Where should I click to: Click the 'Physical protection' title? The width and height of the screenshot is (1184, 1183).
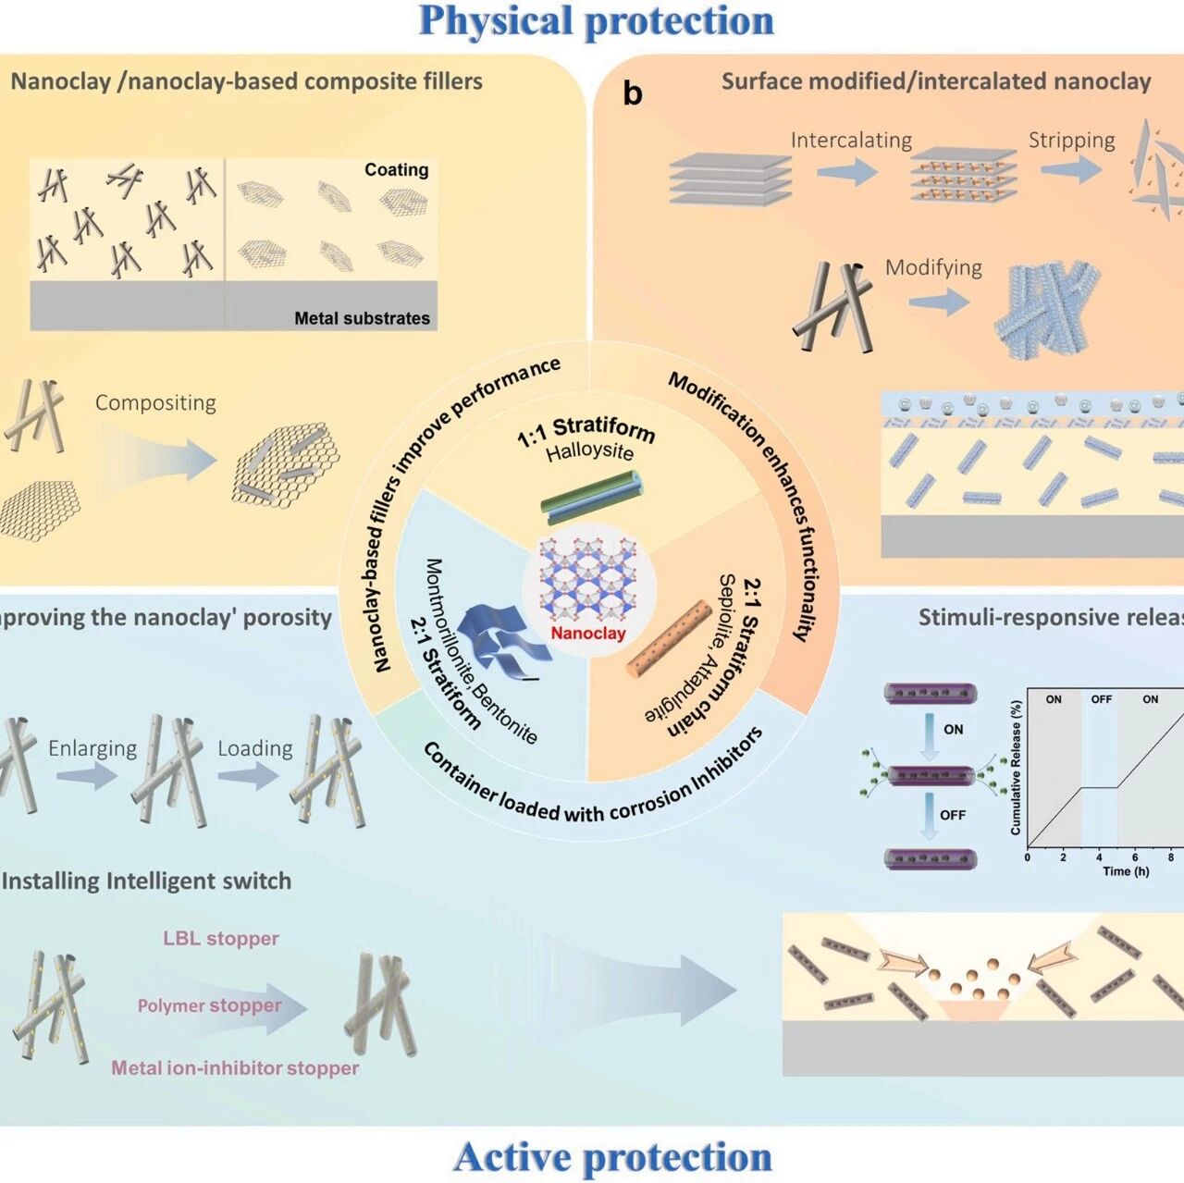596,21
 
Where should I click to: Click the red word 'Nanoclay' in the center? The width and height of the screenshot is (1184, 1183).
588,633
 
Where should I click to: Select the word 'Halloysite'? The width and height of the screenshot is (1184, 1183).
589,451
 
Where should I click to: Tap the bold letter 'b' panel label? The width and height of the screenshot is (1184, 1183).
633,92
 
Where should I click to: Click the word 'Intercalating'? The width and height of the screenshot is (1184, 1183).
851,140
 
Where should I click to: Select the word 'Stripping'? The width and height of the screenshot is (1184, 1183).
1071,140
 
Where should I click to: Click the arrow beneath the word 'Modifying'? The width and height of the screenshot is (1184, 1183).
938,302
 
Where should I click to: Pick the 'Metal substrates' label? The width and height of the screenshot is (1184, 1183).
362,318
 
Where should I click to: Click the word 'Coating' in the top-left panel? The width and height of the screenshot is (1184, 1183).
396,169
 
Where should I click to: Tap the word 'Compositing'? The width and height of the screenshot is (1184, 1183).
155,402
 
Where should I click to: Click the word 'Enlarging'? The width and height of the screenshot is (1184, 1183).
92,747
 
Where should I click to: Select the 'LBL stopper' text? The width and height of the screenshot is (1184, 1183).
221,938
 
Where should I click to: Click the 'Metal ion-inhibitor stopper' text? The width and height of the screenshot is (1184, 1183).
235,1067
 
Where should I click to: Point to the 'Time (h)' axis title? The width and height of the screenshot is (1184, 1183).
1126,871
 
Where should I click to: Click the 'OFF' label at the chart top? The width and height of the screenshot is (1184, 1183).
1101,699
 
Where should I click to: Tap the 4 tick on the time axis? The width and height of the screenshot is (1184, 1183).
1099,857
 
